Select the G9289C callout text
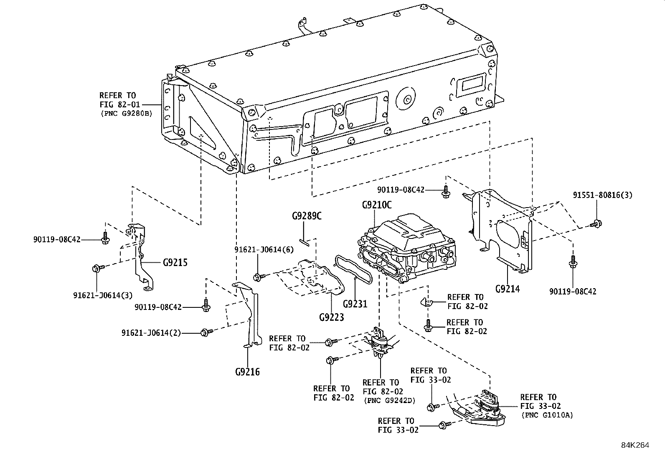(307, 216)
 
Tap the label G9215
(175, 263)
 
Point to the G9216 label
(247, 371)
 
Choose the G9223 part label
(331, 317)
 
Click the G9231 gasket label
(355, 304)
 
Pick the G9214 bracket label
(508, 288)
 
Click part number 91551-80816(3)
(602, 195)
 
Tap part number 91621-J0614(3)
(103, 295)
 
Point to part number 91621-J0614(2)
(151, 333)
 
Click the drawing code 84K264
(635, 445)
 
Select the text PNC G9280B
(126, 113)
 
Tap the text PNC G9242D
(389, 400)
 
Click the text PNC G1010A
(547, 415)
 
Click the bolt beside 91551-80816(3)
(596, 224)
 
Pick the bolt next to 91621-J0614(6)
(259, 276)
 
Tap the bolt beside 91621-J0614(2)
(206, 332)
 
